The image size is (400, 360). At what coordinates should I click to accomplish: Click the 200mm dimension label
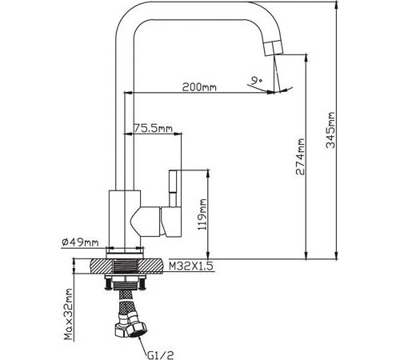(x=199, y=87)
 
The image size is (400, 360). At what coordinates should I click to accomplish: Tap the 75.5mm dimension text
(x=153, y=128)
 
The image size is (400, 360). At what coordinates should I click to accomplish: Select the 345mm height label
(x=330, y=130)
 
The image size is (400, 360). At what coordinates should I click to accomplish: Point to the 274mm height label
(x=300, y=157)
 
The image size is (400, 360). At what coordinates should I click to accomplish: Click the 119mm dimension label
(x=202, y=214)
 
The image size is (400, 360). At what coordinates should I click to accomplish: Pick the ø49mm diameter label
(x=80, y=242)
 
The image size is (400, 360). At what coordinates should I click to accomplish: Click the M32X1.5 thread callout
(x=191, y=266)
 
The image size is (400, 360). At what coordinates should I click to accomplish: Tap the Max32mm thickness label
(x=69, y=314)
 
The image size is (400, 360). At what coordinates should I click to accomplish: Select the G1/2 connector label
(x=160, y=355)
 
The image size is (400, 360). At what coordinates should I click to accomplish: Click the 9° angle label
(x=257, y=80)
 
